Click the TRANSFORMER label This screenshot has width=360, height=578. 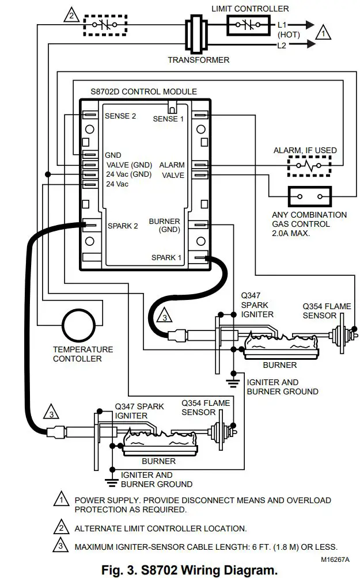(x=198, y=60)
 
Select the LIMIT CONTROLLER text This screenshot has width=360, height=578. (x=250, y=9)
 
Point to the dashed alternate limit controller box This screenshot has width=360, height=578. (x=105, y=25)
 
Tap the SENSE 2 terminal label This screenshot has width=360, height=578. (x=120, y=116)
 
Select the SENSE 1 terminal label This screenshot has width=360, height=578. (x=168, y=119)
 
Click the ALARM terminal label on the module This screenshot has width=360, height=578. (x=172, y=165)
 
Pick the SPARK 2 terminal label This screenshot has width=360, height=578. (x=123, y=226)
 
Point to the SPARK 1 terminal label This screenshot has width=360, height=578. (x=166, y=257)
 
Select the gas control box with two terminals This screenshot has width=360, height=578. (x=309, y=197)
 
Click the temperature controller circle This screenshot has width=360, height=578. (x=79, y=326)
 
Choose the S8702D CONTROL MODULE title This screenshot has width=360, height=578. (x=143, y=92)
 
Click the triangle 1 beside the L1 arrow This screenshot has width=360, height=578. (x=324, y=34)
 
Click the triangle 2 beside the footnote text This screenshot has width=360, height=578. (x=59, y=527)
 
